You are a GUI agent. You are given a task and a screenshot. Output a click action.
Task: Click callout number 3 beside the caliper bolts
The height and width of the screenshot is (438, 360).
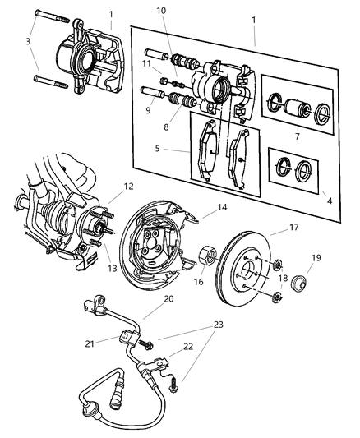click(x=27, y=41)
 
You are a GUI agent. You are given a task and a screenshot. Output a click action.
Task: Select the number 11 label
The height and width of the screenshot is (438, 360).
click(x=147, y=62)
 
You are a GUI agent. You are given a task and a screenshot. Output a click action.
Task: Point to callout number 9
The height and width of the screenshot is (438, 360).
click(x=149, y=110)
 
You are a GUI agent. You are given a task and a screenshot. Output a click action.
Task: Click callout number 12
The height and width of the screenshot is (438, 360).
click(x=128, y=186)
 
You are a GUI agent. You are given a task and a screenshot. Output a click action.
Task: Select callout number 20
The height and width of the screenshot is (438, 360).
click(x=168, y=301)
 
